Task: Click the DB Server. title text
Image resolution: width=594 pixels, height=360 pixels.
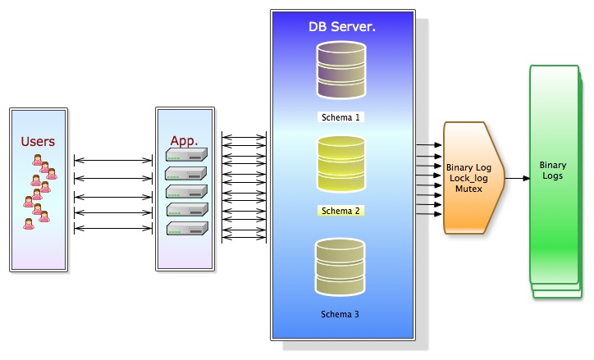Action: tap(341, 27)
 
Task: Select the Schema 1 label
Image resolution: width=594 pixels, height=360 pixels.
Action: tap(340, 117)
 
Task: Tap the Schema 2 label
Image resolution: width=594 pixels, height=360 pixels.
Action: tap(340, 211)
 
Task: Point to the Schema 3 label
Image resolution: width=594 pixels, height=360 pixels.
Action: tap(340, 314)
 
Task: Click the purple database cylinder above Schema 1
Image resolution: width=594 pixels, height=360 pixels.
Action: tap(340, 72)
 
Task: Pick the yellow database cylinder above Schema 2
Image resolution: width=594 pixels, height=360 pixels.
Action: tap(340, 166)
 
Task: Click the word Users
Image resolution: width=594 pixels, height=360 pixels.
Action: tap(38, 141)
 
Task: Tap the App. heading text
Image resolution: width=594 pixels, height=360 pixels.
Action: tap(185, 140)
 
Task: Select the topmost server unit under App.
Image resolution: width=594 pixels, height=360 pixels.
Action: tap(187, 155)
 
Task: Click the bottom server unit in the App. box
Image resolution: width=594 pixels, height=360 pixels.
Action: tap(187, 229)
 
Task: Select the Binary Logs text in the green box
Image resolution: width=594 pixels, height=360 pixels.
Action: tap(553, 171)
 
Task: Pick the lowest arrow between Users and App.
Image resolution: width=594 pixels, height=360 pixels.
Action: tap(112, 228)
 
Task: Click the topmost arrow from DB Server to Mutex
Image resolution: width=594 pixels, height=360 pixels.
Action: tap(429, 145)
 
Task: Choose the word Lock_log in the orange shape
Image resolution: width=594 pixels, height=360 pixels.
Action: tap(468, 177)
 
